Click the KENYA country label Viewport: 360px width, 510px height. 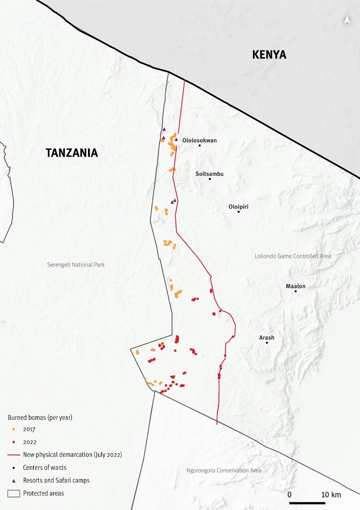click(269, 55)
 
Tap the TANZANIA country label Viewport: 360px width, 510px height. click(72, 153)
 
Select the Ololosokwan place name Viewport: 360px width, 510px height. click(199, 140)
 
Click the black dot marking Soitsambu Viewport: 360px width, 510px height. click(210, 179)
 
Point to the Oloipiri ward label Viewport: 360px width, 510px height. click(238, 207)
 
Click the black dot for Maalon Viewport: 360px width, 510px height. click(295, 291)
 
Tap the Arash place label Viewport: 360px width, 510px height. click(266, 338)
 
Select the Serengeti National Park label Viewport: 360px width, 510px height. click(76, 265)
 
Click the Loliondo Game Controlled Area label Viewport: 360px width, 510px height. click(292, 256)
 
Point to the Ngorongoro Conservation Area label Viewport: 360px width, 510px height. click(223, 471)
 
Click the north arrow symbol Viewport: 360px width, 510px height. click(347, 20)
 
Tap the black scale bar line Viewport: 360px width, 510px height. click(307, 503)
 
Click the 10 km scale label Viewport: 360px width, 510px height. click(331, 495)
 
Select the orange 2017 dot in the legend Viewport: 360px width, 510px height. click(14, 429)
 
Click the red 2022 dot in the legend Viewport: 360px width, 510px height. click(14, 442)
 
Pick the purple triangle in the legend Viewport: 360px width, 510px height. click(14, 481)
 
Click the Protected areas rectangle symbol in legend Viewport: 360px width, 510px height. click(14, 494)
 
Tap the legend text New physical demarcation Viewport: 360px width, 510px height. click(72, 455)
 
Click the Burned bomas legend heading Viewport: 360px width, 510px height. click(40, 417)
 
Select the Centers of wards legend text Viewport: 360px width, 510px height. click(44, 467)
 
